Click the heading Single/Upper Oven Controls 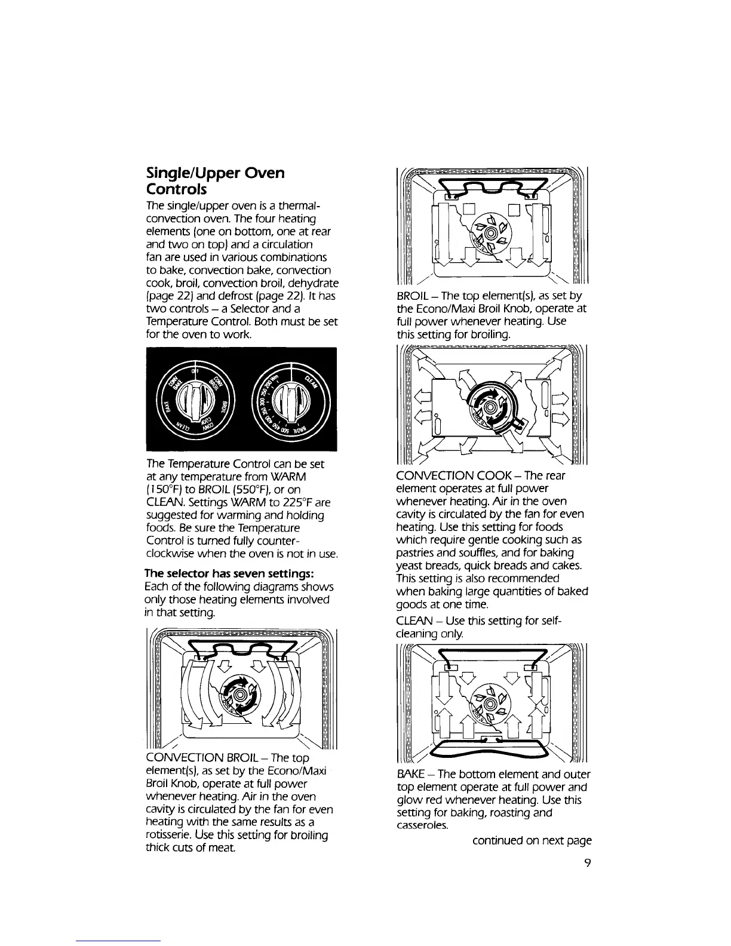[x=216, y=181]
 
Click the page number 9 [x=588, y=864]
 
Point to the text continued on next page [x=532, y=840]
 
